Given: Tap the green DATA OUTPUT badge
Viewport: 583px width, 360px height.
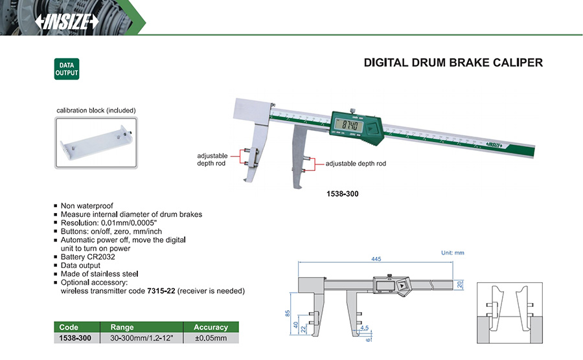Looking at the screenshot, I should click(x=65, y=69).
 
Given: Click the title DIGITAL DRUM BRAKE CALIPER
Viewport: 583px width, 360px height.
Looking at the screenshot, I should click(x=453, y=63).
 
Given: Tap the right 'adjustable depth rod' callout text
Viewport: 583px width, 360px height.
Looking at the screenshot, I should click(x=356, y=164).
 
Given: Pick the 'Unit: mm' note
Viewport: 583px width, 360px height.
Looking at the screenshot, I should click(x=452, y=253).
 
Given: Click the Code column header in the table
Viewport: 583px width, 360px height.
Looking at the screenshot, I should click(x=69, y=327).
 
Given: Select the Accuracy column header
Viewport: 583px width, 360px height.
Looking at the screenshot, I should click(x=211, y=327).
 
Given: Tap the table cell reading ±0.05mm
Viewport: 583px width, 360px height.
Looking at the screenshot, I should click(x=211, y=337).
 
